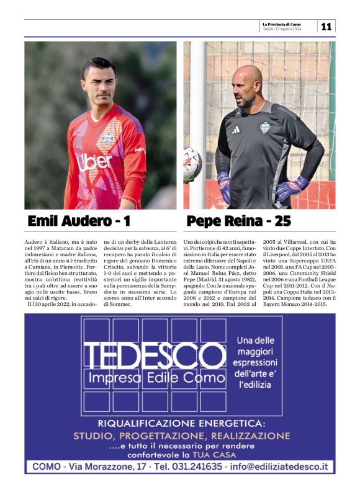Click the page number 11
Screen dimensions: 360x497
click(x=326, y=26)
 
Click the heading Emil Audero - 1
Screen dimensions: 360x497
click(x=79, y=221)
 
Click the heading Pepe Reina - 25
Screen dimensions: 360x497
click(x=238, y=221)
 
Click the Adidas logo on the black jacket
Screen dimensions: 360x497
click(x=236, y=130)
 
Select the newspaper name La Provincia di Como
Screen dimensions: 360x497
click(x=282, y=24)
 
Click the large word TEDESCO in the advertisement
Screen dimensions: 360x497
click(x=155, y=356)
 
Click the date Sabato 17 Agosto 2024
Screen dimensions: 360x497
click(x=282, y=29)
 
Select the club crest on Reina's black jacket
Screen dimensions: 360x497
click(x=265, y=128)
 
